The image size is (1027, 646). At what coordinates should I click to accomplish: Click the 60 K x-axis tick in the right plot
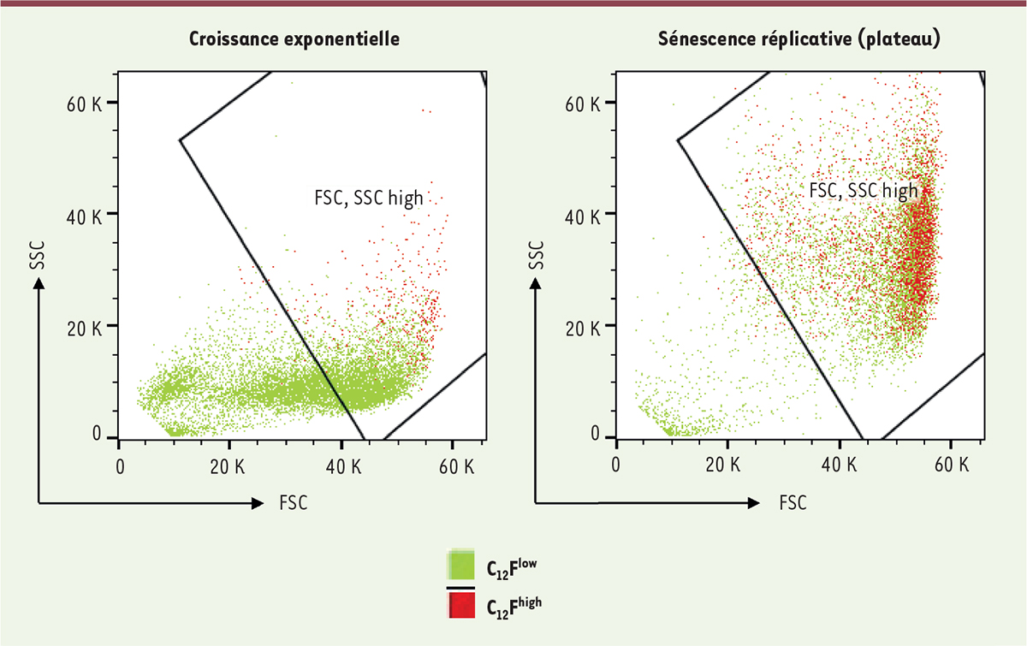tap(951, 465)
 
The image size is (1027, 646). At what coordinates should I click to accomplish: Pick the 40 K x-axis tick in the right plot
tap(840, 465)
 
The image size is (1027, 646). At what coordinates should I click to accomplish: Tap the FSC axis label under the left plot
tap(294, 503)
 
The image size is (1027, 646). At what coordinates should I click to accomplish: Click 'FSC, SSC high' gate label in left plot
tap(368, 198)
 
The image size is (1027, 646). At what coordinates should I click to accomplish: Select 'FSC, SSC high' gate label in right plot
tap(864, 190)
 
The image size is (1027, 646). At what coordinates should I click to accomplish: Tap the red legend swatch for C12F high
tap(461, 605)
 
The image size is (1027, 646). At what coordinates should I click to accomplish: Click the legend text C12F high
tap(513, 605)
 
